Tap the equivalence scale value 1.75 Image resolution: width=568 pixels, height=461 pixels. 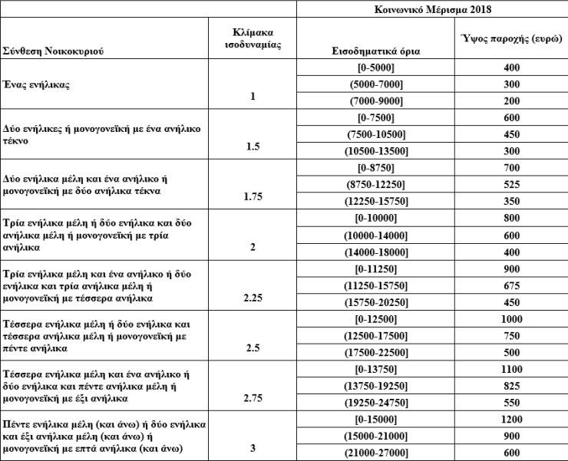point(252,197)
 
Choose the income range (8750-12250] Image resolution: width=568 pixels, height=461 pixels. point(372,184)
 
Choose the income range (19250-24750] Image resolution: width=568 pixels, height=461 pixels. point(372,401)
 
